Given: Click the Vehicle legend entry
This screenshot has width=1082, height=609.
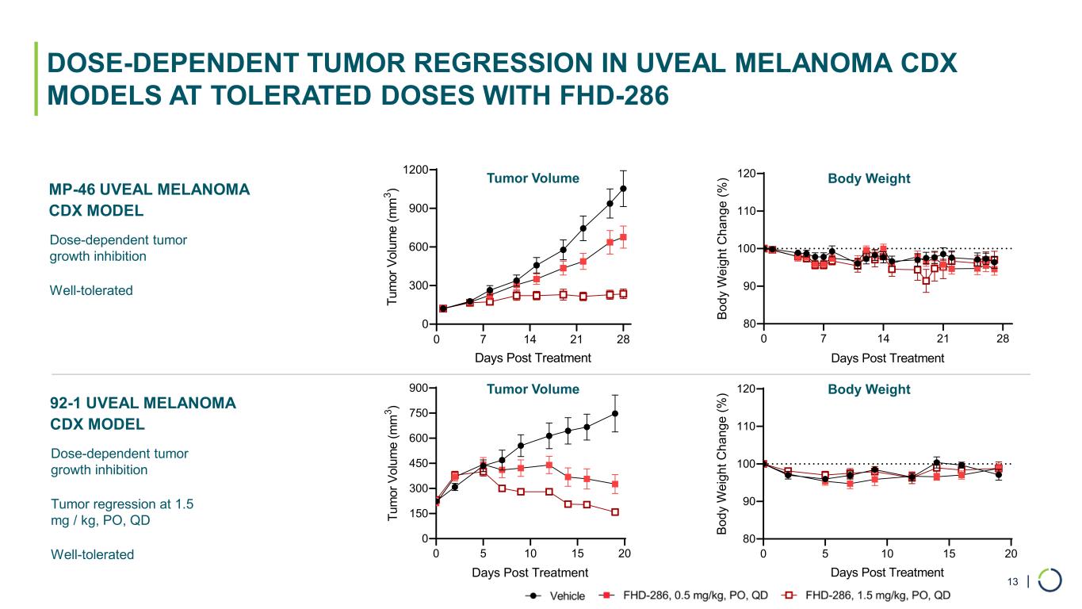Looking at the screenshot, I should click(x=555, y=596).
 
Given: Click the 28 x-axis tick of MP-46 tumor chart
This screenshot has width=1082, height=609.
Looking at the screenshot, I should click(x=624, y=339).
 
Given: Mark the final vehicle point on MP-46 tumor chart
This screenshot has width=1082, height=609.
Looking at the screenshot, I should click(x=624, y=189).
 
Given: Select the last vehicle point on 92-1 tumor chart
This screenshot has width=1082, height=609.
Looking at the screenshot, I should click(x=615, y=413).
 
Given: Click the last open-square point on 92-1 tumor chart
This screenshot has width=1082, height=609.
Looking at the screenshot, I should click(x=615, y=512).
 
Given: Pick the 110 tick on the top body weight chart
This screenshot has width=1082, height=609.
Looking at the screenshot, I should click(x=747, y=211).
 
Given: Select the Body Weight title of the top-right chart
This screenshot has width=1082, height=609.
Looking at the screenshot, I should click(x=869, y=178).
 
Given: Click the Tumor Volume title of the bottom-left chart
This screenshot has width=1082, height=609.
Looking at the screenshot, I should click(x=533, y=389).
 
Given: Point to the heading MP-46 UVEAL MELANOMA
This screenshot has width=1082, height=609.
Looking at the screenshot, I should click(x=149, y=190).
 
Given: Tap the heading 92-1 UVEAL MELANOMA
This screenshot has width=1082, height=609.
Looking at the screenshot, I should click(x=143, y=404).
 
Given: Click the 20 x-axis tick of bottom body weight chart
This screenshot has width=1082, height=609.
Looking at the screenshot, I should click(x=1011, y=553).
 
